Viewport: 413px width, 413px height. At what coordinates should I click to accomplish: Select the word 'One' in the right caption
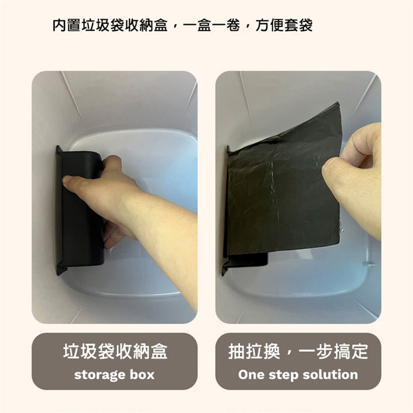pos(251,374)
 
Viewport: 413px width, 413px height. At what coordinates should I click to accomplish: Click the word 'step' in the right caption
pos(284,375)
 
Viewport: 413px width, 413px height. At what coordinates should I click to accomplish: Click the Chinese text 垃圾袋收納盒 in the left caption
pos(115,351)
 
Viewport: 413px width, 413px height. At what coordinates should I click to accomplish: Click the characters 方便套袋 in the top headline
pos(284,25)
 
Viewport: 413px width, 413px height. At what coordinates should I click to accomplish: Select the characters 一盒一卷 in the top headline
pos(211,25)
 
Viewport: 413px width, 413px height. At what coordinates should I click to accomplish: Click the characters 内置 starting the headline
pos(67,25)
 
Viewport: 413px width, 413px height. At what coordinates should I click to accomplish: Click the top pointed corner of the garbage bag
pos(338,104)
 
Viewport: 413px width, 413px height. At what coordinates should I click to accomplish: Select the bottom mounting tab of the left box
pos(61,268)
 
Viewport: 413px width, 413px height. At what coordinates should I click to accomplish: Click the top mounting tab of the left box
pos(59,151)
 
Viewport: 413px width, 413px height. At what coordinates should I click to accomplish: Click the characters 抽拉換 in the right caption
pos(254,351)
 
